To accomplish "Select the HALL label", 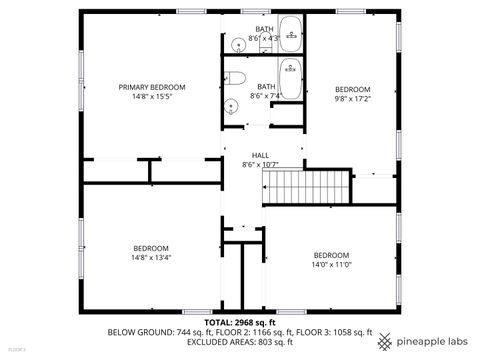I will tap(260, 155).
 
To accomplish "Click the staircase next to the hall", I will tap(306, 185).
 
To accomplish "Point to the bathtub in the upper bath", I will tap(291, 34).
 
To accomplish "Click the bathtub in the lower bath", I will tap(291, 79).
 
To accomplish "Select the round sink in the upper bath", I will tap(238, 43).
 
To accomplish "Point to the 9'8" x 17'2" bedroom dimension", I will tap(352, 98).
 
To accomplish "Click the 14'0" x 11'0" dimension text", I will tap(331, 264).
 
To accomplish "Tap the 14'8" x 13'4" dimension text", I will tap(151, 257).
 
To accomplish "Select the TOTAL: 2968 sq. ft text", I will tap(239, 322).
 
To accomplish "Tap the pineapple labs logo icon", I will tap(385, 341).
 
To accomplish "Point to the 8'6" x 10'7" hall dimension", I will tap(260, 164).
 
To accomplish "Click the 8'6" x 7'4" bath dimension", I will tap(266, 96).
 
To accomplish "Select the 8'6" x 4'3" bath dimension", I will tap(264, 38).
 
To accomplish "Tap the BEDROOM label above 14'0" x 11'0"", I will tap(331, 254).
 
